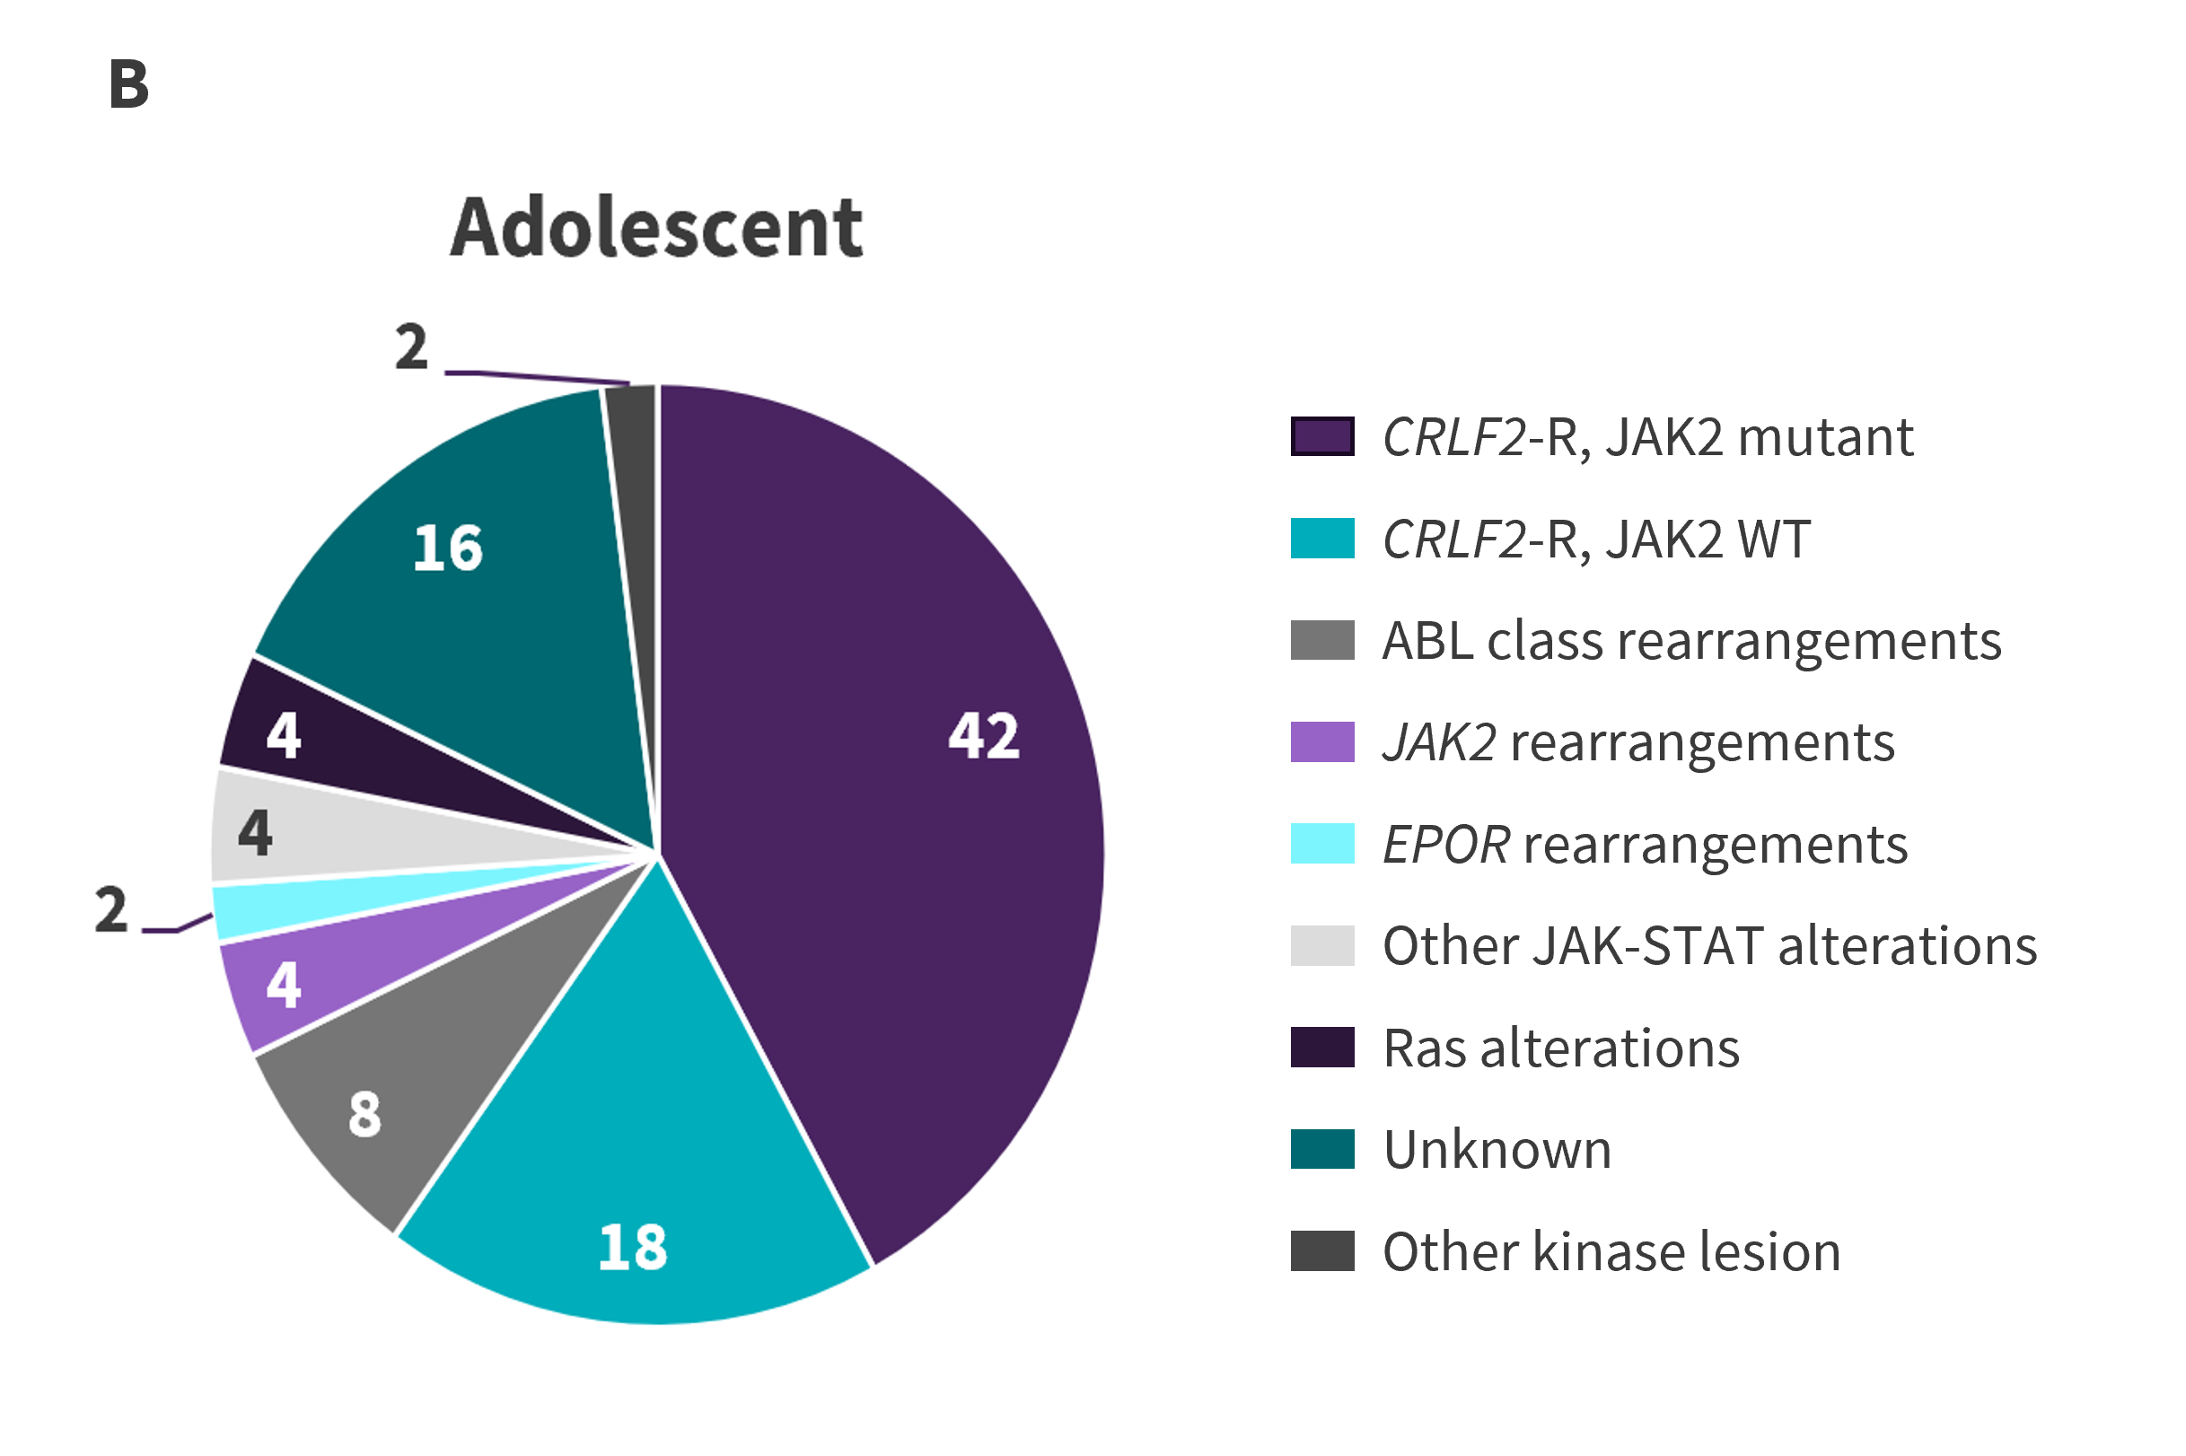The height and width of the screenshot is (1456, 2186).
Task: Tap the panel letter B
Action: [129, 84]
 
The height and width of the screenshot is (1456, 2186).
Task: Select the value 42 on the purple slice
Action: [983, 736]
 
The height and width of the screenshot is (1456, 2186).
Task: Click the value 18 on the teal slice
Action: [632, 1246]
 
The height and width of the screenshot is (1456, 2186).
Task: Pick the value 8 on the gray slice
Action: [365, 1114]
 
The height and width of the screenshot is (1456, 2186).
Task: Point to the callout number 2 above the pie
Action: [411, 347]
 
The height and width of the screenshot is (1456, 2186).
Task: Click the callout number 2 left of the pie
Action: [110, 909]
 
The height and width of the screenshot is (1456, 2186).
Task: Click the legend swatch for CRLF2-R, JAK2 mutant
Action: [1321, 436]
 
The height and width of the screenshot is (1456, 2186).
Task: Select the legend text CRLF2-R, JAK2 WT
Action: [1595, 539]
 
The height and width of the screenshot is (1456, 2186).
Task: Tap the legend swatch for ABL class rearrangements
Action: [1321, 640]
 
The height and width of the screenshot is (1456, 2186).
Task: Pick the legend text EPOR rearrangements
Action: [1644, 844]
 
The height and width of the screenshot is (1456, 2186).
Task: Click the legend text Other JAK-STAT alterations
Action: [1708, 945]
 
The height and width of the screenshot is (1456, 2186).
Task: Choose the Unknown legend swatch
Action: [1321, 1149]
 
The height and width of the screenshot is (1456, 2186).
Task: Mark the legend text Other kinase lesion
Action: [1611, 1250]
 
